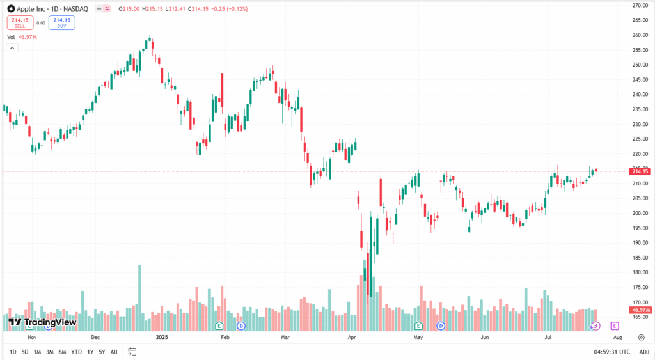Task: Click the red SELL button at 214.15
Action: click(19, 22)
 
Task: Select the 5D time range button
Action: click(24, 352)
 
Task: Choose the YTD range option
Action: click(76, 352)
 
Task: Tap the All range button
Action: click(114, 352)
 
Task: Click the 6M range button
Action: click(62, 352)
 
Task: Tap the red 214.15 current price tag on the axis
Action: click(640, 171)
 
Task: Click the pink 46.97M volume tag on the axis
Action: click(640, 309)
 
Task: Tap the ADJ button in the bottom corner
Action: click(643, 352)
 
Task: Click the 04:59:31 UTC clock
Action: click(612, 352)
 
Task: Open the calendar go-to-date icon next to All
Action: click(132, 352)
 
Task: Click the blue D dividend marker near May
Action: click(441, 325)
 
